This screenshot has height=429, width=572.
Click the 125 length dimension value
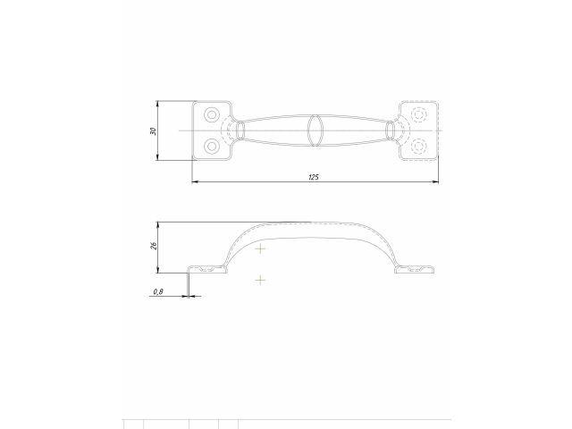point(314,177)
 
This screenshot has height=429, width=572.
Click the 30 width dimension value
point(154,131)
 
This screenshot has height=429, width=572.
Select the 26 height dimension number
point(154,246)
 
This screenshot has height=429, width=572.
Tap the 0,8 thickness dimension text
point(158,290)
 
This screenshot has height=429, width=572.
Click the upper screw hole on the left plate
point(212,115)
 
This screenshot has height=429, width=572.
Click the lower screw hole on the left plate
point(212,146)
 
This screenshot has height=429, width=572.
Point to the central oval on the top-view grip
point(315,130)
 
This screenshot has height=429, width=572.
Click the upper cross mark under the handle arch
point(260,248)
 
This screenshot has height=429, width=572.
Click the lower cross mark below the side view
point(260,281)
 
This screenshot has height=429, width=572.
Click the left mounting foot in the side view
point(206,268)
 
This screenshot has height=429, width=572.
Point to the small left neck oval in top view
point(239,130)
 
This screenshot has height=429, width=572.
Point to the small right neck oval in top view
point(390,130)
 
